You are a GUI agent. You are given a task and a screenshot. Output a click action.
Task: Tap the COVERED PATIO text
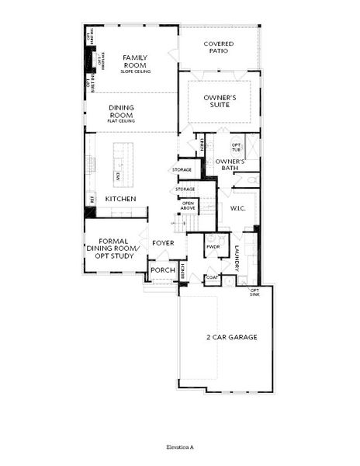pos(219,49)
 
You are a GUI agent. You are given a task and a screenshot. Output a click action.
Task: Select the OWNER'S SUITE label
pos(220,102)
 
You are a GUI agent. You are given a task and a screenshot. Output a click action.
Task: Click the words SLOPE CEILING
pos(135,72)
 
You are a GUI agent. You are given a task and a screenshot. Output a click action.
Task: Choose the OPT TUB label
pos(237,148)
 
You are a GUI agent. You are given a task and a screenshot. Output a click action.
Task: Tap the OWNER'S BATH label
pos(230,165)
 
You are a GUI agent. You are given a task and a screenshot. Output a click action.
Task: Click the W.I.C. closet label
pos(237,208)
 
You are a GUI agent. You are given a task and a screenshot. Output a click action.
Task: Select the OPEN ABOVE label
pos(188,206)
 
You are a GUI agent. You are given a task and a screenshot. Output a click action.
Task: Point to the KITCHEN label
pos(121,200)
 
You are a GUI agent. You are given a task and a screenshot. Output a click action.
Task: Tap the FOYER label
pos(163,243)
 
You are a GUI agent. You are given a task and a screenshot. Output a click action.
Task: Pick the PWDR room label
pos(213,247)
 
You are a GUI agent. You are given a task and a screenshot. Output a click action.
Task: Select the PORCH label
pos(162,270)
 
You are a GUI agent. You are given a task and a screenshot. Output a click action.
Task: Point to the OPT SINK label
pos(254,292)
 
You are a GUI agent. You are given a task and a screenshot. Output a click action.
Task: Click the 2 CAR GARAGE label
pos(232,337)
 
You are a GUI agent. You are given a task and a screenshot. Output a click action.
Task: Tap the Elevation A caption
pos(179,448)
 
